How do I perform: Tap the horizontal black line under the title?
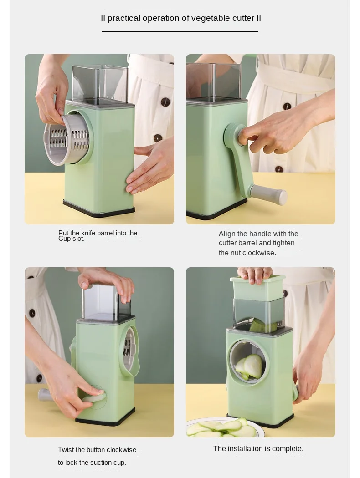click(x=180, y=32)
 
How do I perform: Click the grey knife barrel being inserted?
click(x=66, y=139)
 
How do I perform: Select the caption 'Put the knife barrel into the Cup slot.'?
click(x=98, y=235)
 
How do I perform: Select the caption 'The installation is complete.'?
click(x=258, y=448)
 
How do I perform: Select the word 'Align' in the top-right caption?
click(x=227, y=234)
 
